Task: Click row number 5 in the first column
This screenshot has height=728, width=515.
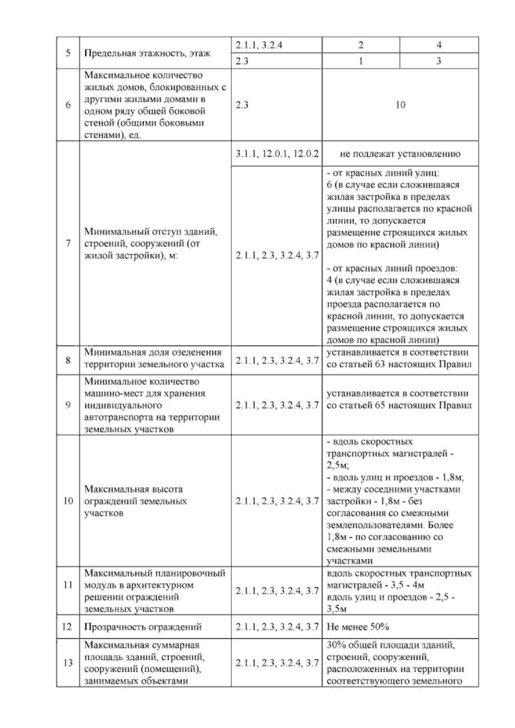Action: pos(68,53)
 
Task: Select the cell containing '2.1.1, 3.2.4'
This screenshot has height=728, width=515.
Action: pos(259,45)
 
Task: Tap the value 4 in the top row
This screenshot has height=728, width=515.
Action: pos(439,45)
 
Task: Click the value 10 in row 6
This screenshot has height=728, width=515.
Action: pos(400,105)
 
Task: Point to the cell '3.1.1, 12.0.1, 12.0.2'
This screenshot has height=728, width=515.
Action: pos(277,154)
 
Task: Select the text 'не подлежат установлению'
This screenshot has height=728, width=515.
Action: pos(400,154)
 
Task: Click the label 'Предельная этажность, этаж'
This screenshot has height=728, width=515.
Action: pos(147,54)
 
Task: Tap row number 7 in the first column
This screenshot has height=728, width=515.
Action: pos(68,243)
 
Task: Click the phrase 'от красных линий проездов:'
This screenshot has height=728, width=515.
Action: pos(392,268)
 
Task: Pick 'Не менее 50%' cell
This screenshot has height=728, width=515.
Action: pos(357,627)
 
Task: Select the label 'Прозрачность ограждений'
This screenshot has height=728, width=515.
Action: pos(143,627)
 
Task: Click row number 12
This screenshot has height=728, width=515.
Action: pos(67,627)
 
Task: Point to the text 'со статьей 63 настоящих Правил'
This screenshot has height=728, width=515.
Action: pos(399,364)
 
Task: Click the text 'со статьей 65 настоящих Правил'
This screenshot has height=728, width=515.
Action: pos(399,406)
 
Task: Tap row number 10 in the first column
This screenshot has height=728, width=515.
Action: pos(68,501)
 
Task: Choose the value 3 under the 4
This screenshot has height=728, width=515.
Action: pos(439,61)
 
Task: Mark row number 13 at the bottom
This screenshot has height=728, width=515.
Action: pos(68,663)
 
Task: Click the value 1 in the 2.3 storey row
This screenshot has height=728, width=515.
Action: pos(360,61)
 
